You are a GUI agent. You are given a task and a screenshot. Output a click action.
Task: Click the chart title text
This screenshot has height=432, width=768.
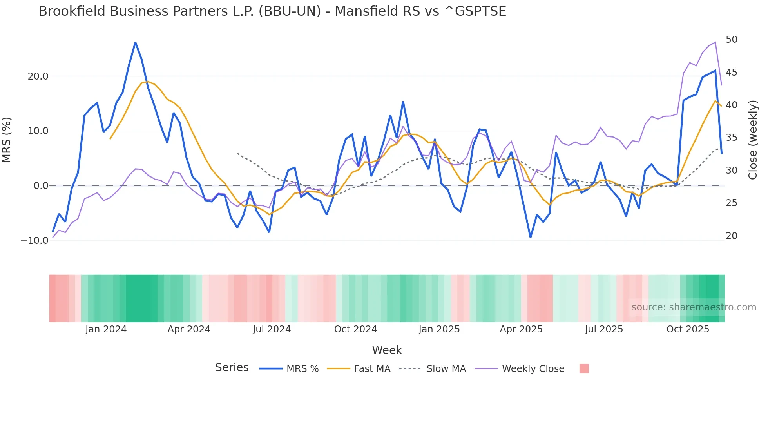coord(272,11)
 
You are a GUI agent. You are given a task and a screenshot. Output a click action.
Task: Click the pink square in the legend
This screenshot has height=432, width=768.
coord(584,368)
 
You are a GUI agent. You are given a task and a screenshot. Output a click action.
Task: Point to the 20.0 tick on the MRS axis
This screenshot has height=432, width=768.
coord(38,76)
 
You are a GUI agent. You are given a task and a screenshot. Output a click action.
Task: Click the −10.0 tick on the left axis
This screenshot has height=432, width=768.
coord(34,241)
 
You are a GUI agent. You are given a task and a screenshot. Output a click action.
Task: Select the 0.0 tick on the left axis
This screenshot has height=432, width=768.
coord(41,186)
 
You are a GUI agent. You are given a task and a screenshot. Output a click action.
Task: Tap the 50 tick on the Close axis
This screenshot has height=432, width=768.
coord(731,40)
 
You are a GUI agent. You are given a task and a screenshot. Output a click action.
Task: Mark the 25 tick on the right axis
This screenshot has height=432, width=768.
coord(731,203)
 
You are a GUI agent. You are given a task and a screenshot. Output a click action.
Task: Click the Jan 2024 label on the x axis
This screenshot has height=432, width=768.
coord(106,329)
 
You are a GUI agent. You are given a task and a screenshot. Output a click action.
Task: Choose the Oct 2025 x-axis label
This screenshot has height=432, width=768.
coord(688,329)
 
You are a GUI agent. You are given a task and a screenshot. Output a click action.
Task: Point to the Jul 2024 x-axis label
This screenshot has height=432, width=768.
coord(272,329)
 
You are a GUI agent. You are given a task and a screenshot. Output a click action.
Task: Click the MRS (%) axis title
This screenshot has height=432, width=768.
coord(7,140)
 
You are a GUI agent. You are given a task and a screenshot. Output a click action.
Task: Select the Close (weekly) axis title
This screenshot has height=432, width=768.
coord(753,140)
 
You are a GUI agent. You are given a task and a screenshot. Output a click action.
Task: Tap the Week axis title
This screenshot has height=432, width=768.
coord(387,350)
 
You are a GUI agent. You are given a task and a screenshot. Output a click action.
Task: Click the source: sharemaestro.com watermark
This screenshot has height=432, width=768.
coord(694,307)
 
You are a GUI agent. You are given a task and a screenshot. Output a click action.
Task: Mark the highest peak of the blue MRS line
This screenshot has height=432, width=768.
coord(136,42)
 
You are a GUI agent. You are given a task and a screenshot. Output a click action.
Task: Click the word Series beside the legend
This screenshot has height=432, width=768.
coord(232,368)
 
